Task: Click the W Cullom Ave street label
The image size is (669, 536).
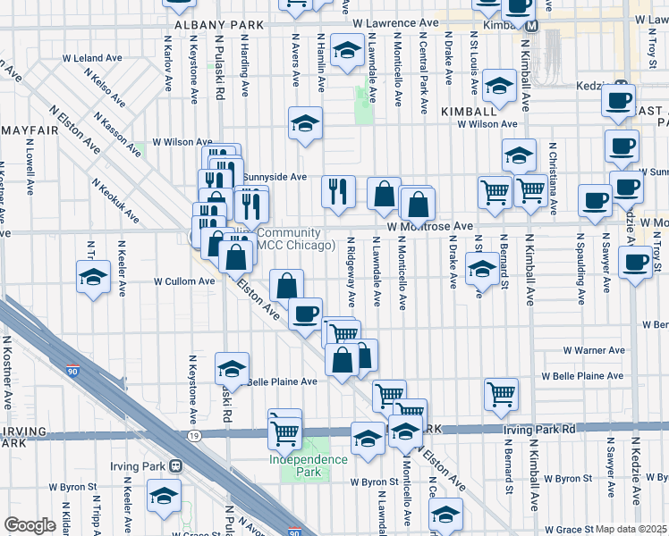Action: click(x=184, y=281)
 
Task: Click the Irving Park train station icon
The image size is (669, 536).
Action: click(x=176, y=465)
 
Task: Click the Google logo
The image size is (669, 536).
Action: click(x=30, y=525)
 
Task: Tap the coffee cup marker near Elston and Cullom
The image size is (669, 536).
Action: click(x=305, y=314)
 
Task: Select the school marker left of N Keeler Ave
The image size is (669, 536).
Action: click(x=93, y=278)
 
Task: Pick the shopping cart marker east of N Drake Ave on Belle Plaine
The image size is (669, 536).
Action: click(x=501, y=392)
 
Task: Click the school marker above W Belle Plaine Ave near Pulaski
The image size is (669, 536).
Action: click(x=232, y=367)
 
